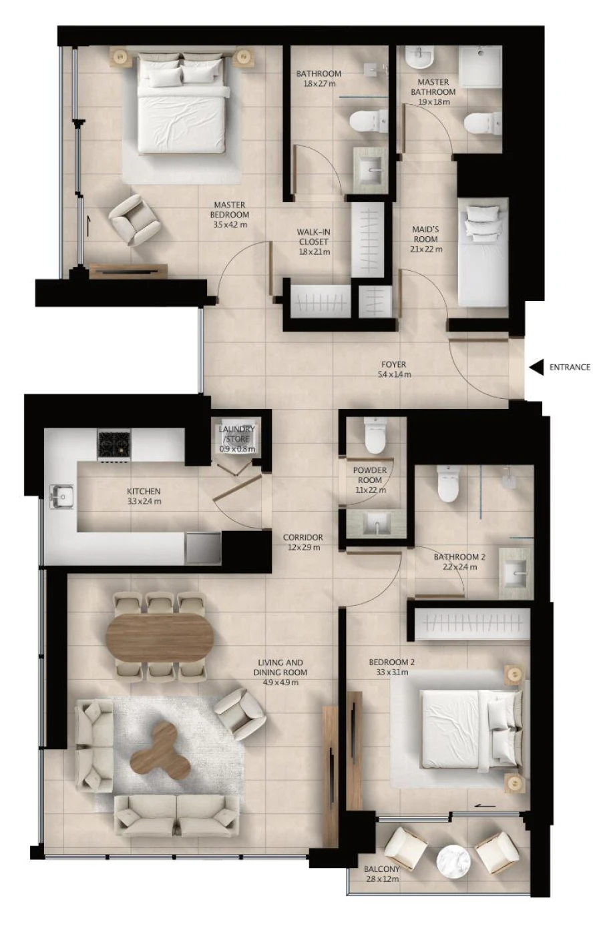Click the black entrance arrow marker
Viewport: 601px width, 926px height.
click(x=536, y=367)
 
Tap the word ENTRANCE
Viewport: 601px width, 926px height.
click(x=570, y=367)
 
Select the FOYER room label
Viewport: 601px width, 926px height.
click(x=393, y=365)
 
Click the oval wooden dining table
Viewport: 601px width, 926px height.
click(x=160, y=633)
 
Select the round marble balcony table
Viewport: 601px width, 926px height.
click(x=453, y=861)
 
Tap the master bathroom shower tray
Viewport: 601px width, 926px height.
click(x=480, y=67)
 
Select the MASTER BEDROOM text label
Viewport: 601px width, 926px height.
click(x=229, y=209)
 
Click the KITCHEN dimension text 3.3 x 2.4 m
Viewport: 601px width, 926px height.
click(x=144, y=501)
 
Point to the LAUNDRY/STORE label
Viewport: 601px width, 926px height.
click(x=237, y=434)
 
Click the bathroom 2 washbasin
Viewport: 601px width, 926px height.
click(x=515, y=570)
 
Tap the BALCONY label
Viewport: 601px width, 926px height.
click(x=381, y=869)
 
